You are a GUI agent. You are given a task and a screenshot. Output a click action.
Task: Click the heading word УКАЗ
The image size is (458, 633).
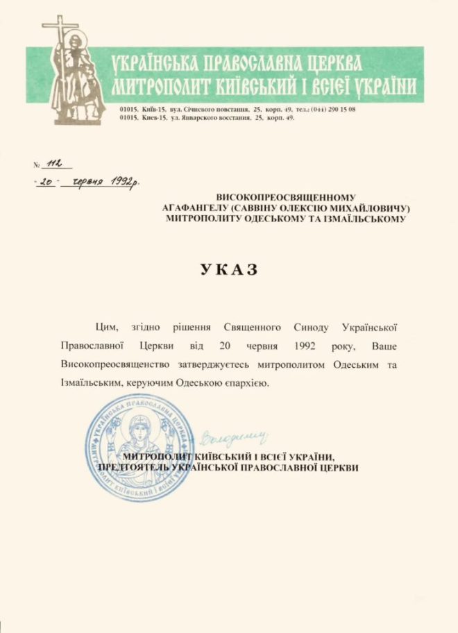coord(228,269)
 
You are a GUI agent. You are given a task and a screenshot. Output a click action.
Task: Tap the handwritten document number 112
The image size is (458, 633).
coord(53,163)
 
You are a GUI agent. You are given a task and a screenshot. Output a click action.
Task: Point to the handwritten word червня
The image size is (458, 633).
coord(87,182)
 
